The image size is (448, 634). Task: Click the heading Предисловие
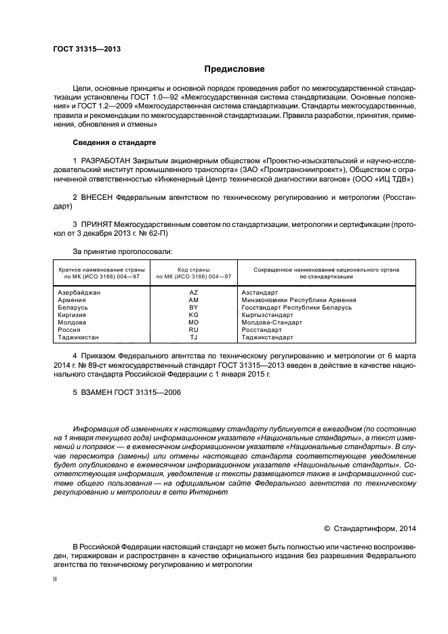tap(230, 69)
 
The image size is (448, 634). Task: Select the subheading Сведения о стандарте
tap(115, 143)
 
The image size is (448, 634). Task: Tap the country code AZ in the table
tap(194, 292)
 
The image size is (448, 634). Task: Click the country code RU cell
tap(194, 330)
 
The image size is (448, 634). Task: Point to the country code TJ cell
tap(194, 337)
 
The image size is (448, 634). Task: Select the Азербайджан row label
tap(79, 292)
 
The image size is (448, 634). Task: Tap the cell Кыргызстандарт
tap(268, 315)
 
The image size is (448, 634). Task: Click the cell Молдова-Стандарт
tap(271, 322)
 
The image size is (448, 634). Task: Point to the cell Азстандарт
tap(259, 292)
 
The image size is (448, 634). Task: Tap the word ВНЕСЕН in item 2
tap(98, 196)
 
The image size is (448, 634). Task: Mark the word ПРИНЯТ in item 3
tap(97, 223)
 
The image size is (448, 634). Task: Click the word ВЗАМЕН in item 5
tap(98, 393)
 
